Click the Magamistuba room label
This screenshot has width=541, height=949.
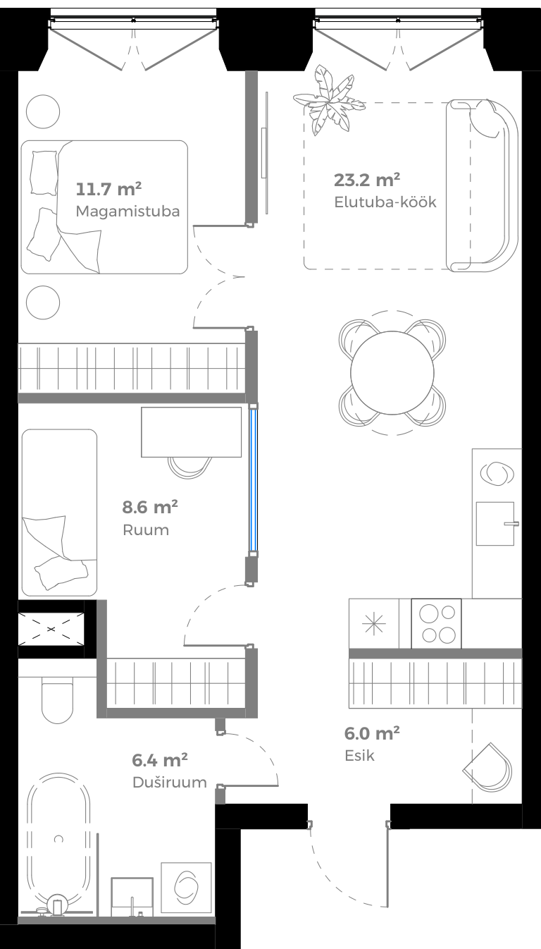[x=127, y=211]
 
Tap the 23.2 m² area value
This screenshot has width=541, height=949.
[x=367, y=179]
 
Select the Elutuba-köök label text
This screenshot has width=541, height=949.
[x=385, y=202]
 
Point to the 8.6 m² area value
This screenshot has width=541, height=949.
[x=150, y=507]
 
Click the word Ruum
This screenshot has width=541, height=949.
[x=146, y=530]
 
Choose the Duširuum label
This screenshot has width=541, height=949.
[x=169, y=782]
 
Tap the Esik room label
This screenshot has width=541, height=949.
[x=359, y=756]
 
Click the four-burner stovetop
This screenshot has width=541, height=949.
[x=437, y=624]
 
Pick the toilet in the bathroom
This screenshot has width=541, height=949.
[x=56, y=699]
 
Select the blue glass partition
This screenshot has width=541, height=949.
[x=254, y=479]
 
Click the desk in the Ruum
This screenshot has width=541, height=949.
[x=191, y=431]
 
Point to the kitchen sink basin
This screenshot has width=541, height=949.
[x=495, y=523]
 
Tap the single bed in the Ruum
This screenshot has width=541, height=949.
[x=58, y=513]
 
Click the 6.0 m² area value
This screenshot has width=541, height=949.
[x=372, y=733]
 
